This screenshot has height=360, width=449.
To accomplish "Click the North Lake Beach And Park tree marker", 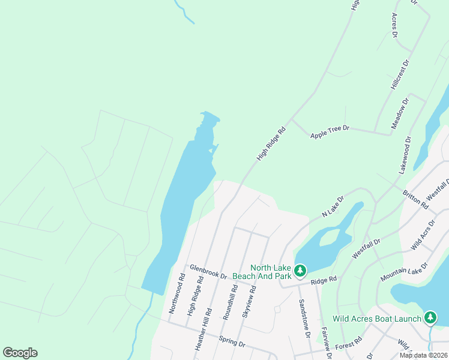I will click(300, 271).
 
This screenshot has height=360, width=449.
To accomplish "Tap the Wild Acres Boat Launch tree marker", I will click(430, 317).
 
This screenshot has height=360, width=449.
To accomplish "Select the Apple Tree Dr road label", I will click(330, 132).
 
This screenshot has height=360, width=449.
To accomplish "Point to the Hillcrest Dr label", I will click(399, 74).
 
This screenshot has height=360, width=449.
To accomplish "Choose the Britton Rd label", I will click(415, 200).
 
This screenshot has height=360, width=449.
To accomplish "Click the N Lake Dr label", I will click(332, 206).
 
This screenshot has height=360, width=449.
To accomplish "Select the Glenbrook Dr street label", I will click(208, 272).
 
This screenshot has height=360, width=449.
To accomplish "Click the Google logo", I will click(20, 353).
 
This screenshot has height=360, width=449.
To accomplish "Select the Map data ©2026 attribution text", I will click(423, 355).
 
